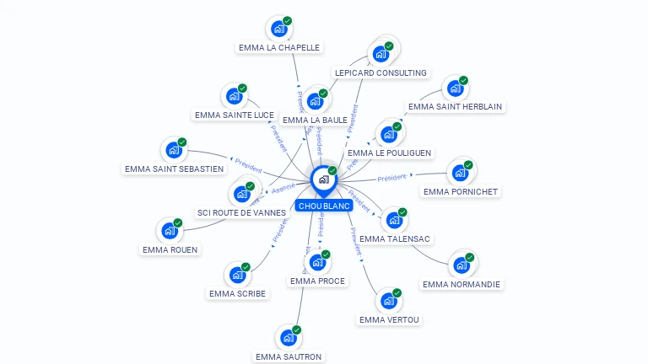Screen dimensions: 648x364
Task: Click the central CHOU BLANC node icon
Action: click(x=323, y=179)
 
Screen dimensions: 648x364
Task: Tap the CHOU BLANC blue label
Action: click(x=324, y=206)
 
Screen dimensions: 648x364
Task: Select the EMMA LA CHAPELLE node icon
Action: click(x=278, y=29)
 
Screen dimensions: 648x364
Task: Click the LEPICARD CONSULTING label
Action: click(x=381, y=73)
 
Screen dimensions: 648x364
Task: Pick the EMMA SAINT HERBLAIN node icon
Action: click(x=455, y=88)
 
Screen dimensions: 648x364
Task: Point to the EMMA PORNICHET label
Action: click(x=461, y=192)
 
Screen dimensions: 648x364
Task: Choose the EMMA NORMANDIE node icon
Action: click(x=461, y=265)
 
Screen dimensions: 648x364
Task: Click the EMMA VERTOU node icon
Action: click(x=388, y=301)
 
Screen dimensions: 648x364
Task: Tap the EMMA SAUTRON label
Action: click(x=289, y=356)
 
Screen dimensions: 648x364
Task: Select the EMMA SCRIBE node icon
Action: click(x=237, y=276)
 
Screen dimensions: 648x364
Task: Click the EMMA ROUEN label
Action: click(x=170, y=249)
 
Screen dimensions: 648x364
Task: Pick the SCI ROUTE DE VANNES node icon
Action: click(x=241, y=195)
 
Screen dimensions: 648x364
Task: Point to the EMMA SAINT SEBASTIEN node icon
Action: click(x=174, y=151)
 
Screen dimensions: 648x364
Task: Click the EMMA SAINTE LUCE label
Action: click(x=235, y=115)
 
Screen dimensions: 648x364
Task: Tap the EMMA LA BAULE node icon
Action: click(x=315, y=102)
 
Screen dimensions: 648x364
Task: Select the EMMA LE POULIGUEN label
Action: click(x=390, y=153)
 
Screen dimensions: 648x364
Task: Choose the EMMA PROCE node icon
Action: click(x=317, y=264)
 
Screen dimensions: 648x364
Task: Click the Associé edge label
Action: click(x=283, y=189)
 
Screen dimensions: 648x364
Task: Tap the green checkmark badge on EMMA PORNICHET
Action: click(x=468, y=165)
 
